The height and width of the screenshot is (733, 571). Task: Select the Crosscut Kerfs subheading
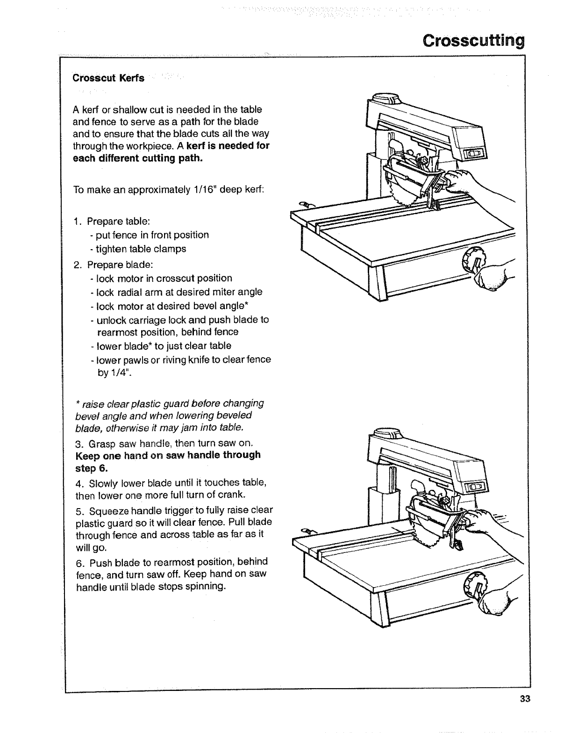point(108,78)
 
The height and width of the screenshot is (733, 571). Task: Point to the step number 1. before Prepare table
point(78,221)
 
